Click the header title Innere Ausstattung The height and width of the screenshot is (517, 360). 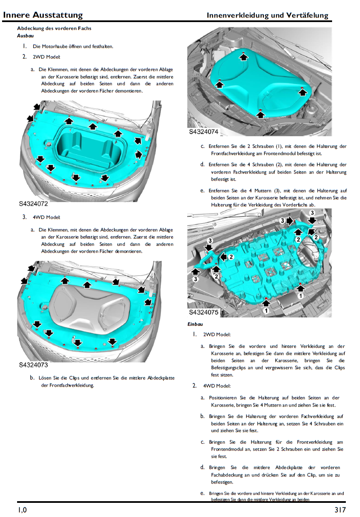(42, 15)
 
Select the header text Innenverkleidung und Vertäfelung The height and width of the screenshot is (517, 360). (267, 16)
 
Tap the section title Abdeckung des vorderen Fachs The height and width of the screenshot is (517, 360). (54, 28)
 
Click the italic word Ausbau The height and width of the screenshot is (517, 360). (25, 36)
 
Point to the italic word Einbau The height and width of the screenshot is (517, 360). (195, 324)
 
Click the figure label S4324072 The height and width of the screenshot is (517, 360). (33, 204)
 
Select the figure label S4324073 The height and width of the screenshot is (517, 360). (33, 365)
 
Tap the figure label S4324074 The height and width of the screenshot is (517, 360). (204, 132)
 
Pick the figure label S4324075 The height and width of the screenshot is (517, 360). (204, 312)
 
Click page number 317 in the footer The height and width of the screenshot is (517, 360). (340, 510)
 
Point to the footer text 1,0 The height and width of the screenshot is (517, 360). (22, 510)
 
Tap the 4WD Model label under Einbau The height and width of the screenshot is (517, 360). (217, 386)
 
